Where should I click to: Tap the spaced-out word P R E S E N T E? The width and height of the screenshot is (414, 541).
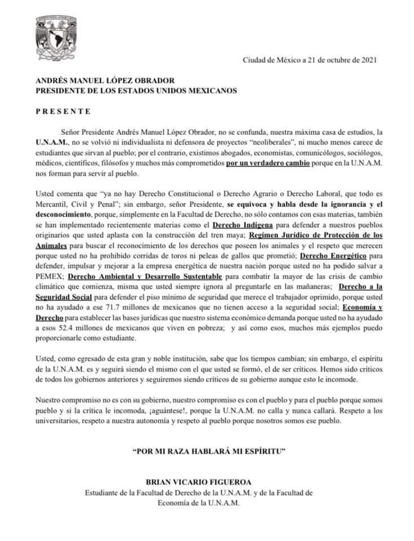click(63, 112)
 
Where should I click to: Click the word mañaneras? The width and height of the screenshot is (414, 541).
click(294, 296)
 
